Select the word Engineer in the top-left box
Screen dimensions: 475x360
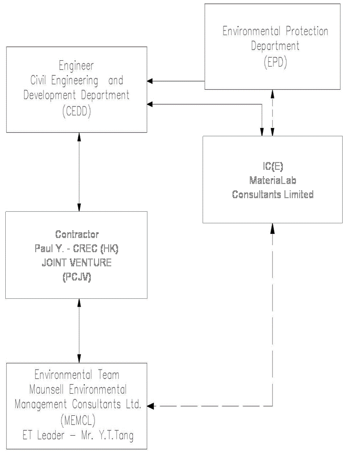point(76,66)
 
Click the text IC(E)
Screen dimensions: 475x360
point(273,166)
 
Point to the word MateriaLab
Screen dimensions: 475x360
point(273,180)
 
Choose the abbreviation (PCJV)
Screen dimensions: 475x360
point(77,278)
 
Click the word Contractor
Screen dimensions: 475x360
point(77,234)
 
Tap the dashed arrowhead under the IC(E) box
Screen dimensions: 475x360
point(272,226)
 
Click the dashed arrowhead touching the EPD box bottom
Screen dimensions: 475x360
point(272,93)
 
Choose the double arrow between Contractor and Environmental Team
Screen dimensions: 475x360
point(79,330)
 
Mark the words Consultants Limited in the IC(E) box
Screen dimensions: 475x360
point(273,195)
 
